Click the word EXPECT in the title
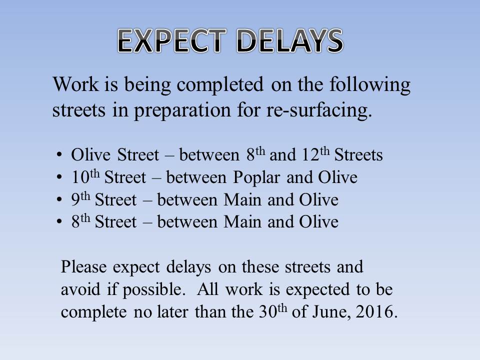point(172,40)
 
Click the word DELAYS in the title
point(290,40)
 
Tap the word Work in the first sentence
point(76,84)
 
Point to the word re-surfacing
point(319,110)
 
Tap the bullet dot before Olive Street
point(59,155)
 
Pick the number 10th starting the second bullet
point(85,176)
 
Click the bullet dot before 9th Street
point(59,200)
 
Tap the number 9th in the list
point(81,199)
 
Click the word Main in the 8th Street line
point(242,221)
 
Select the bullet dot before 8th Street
point(59,222)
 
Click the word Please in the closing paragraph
point(83,266)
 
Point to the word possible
point(154,290)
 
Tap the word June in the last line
point(332,312)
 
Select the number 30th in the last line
point(273,311)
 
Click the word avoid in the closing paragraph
point(80,289)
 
